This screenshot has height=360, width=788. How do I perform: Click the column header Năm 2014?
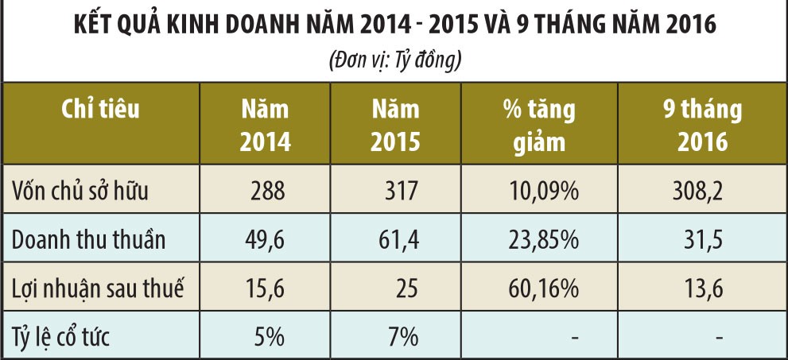266,126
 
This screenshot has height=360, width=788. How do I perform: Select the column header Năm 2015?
395,126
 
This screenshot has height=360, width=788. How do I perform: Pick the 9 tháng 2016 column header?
702,126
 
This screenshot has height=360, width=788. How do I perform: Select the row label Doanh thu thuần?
89,240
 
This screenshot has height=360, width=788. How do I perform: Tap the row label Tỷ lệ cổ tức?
61,337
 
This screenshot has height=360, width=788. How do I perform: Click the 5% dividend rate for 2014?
270,337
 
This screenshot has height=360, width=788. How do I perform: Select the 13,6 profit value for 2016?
702,288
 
